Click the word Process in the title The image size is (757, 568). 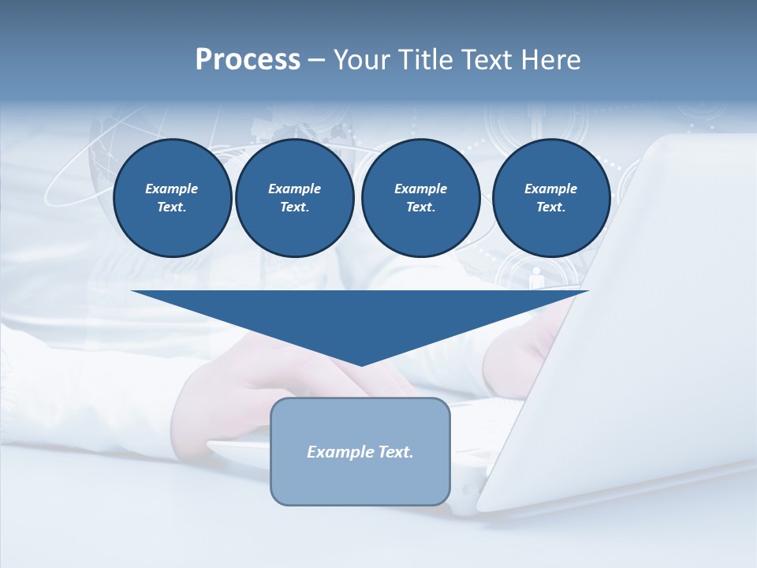[x=248, y=60]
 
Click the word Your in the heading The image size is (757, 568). [x=364, y=60]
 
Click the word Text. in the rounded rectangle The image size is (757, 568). [x=394, y=452]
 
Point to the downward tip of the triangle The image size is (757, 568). [x=360, y=364]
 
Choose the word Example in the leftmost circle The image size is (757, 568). [x=172, y=189]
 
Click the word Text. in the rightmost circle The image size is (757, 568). [x=551, y=207]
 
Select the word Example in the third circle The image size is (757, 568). [x=420, y=189]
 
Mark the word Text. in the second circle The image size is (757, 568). [x=295, y=207]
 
